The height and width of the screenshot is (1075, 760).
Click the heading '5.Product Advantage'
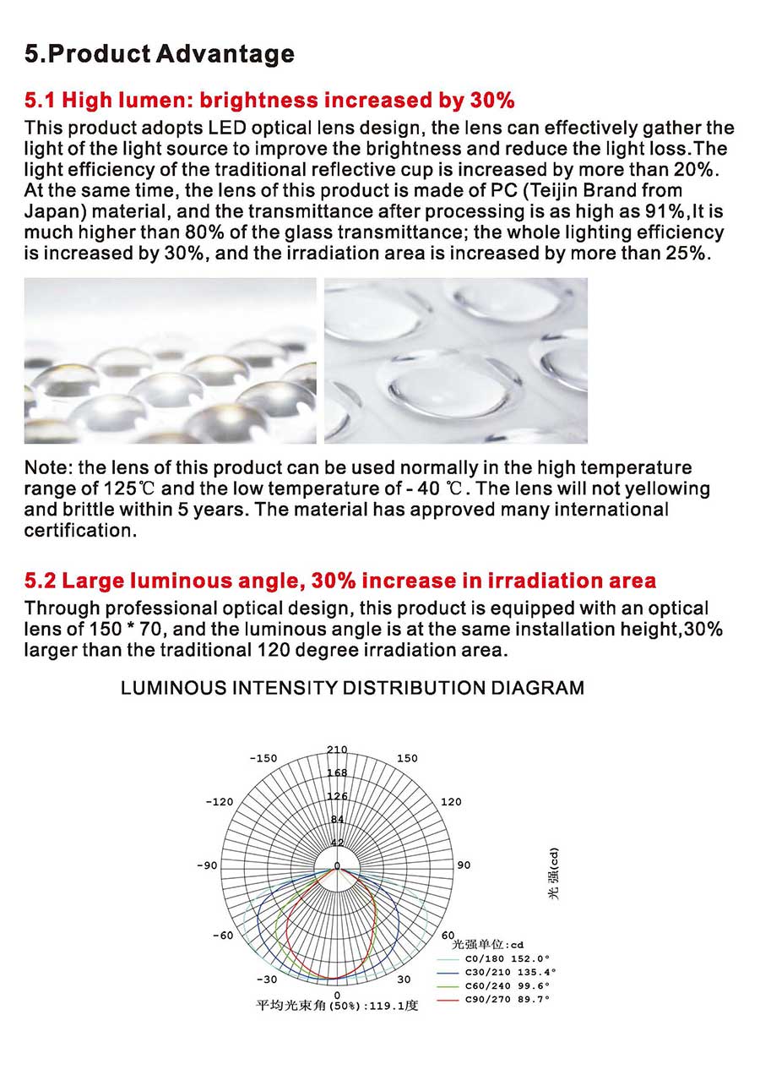(x=160, y=55)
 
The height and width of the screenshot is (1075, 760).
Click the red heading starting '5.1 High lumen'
(x=269, y=101)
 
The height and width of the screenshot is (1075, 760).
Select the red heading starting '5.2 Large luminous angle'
(x=339, y=581)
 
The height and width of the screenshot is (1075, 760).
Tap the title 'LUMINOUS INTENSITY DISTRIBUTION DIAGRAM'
(x=352, y=688)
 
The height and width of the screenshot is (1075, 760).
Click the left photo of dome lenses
(x=170, y=361)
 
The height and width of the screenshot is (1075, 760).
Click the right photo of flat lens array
(x=455, y=361)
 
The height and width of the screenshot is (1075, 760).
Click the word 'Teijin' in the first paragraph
(x=552, y=191)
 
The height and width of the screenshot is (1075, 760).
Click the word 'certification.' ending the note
(x=80, y=532)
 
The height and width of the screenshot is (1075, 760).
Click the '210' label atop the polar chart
(x=337, y=750)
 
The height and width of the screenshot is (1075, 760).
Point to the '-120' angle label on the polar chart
(x=220, y=801)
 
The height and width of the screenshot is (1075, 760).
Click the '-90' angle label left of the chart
(x=207, y=865)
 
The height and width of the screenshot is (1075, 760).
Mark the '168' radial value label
(x=337, y=772)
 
